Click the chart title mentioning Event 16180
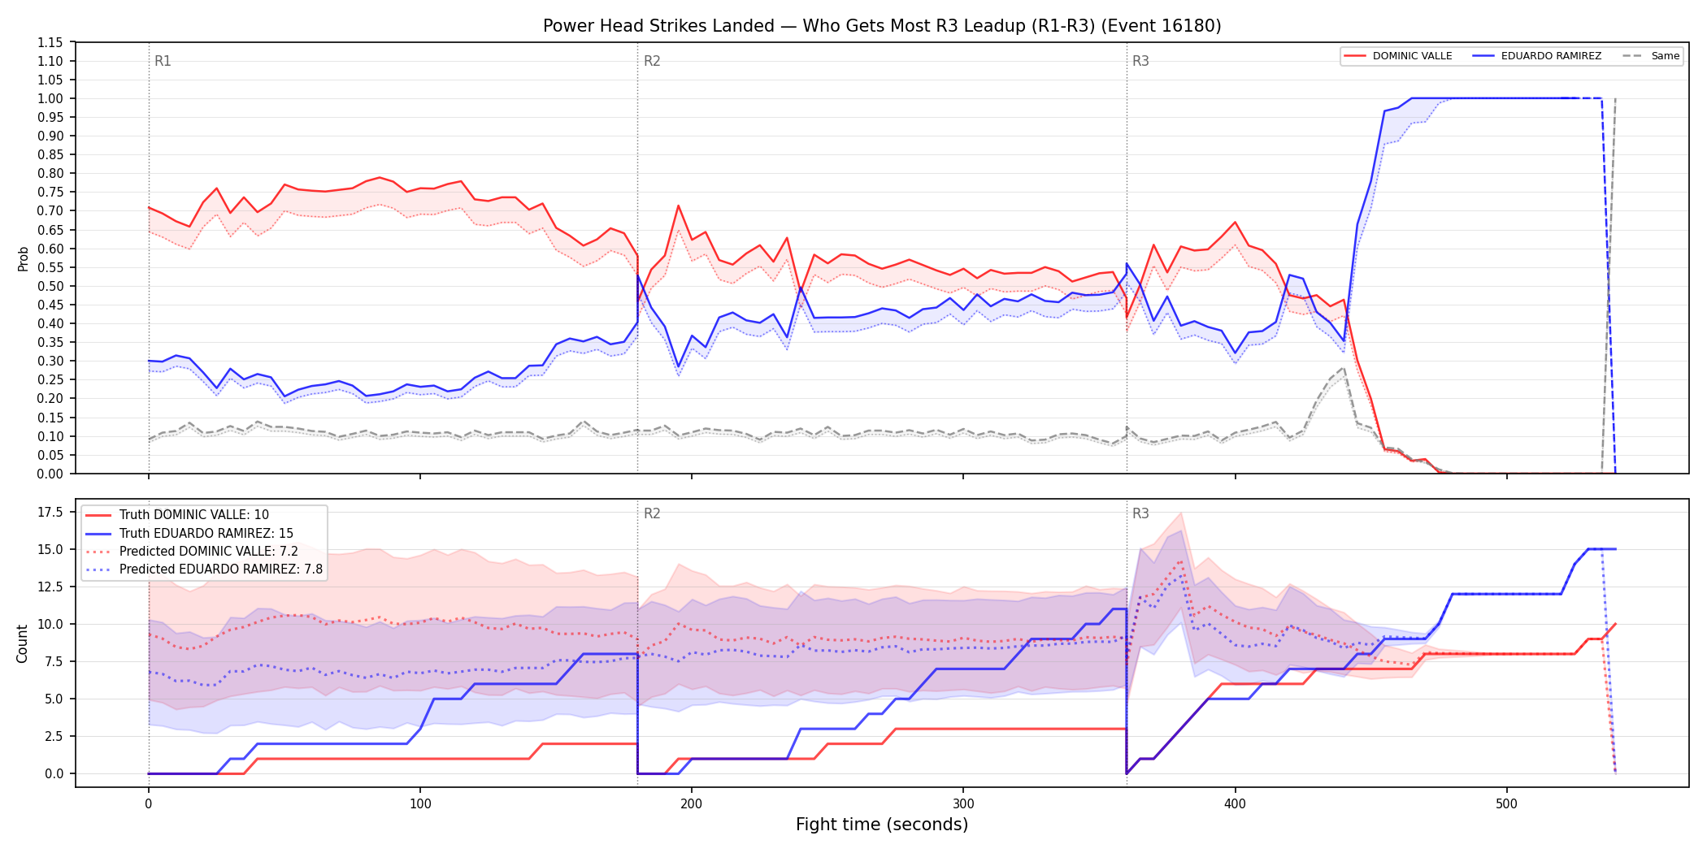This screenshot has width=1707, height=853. click(882, 26)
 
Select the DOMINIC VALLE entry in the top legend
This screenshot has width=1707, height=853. click(1398, 56)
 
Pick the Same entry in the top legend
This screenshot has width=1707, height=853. click(1651, 56)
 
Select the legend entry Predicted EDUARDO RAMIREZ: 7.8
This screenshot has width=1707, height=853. click(204, 569)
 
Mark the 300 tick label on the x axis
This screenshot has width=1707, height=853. click(963, 804)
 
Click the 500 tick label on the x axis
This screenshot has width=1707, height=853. click(1506, 804)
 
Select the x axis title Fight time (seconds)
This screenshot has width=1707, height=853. click(882, 825)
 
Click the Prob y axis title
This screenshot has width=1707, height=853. click(24, 258)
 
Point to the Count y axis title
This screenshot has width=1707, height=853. click(22, 643)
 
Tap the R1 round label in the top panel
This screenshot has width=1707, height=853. click(163, 61)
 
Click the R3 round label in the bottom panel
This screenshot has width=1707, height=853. click(1140, 513)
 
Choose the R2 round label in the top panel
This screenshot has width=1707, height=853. click(652, 61)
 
